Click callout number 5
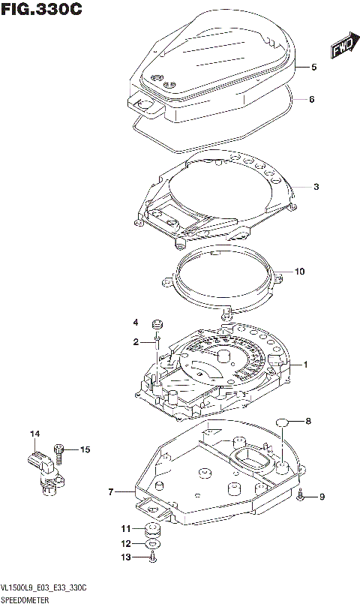[x=314, y=68]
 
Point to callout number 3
[x=317, y=187]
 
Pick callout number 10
[x=300, y=272]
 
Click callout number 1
[x=306, y=365]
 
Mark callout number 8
[x=307, y=422]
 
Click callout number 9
[x=322, y=496]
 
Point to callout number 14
[x=34, y=434]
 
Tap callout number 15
[x=85, y=449]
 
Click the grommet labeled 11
[x=152, y=529]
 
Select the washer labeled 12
[x=152, y=543]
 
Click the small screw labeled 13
[x=152, y=556]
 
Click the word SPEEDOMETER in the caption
[x=25, y=600]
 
